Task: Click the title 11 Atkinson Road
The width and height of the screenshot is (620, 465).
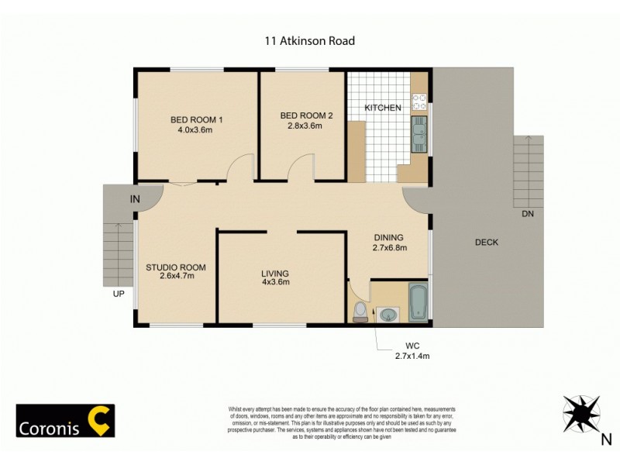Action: click(309, 41)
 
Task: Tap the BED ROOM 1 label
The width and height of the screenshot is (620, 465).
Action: click(197, 119)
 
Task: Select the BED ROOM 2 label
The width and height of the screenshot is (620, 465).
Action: click(306, 115)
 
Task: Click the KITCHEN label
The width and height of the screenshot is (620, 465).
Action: click(383, 108)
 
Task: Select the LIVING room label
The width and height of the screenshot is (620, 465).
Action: click(275, 273)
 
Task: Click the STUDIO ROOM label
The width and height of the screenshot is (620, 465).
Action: click(175, 268)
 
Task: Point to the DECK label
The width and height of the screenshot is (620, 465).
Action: click(487, 243)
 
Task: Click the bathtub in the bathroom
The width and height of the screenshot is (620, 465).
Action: click(418, 303)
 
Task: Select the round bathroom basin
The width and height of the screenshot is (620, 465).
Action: click(387, 314)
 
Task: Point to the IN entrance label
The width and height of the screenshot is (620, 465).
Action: click(135, 200)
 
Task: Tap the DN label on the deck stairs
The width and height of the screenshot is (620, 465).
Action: click(527, 214)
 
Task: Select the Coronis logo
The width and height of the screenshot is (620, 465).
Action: click(66, 421)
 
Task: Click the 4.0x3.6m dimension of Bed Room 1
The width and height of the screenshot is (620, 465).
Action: click(195, 130)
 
